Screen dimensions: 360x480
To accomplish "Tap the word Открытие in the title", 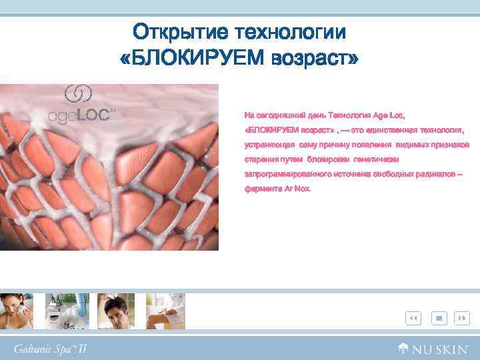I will click(173, 31).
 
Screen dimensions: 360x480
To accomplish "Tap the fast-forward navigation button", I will click(461, 319).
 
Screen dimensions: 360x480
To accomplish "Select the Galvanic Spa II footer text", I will click(50, 348).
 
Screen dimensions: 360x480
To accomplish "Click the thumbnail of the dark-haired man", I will click(116, 311).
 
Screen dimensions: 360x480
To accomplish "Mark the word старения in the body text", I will click(259, 159).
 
